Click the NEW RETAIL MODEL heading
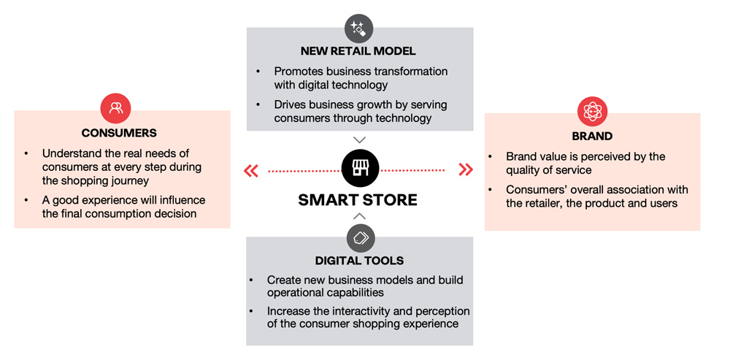pyautogui.click(x=358, y=51)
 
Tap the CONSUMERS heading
pyautogui.click(x=119, y=133)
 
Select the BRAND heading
pyautogui.click(x=592, y=137)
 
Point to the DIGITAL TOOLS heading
pyautogui.click(x=359, y=261)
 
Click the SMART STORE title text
pyautogui.click(x=358, y=200)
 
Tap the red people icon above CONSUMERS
pyautogui.click(x=116, y=109)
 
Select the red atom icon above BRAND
pyautogui.click(x=593, y=112)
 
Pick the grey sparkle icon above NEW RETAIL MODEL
pyautogui.click(x=359, y=28)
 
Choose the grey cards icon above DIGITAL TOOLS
pyautogui.click(x=361, y=238)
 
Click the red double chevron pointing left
pyautogui.click(x=251, y=172)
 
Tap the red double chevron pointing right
pyautogui.click(x=466, y=169)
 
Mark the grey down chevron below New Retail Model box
pyautogui.click(x=359, y=139)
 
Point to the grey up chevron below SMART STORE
pyautogui.click(x=359, y=216)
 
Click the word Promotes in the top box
pyautogui.click(x=299, y=72)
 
